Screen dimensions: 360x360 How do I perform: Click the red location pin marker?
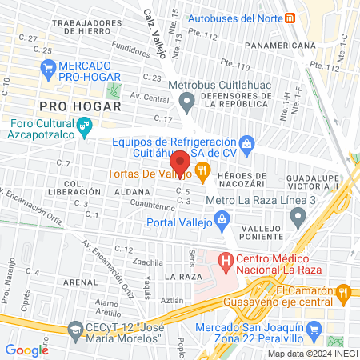pos(180,162)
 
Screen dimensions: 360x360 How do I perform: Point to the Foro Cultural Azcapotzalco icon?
pos(82,125)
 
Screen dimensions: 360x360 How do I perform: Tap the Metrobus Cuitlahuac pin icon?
pos(187,101)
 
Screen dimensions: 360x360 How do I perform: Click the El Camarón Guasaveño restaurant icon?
pos(344,292)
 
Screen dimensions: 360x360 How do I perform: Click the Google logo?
pos(26,350)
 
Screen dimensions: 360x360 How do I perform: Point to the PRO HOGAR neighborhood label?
pos(81,106)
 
